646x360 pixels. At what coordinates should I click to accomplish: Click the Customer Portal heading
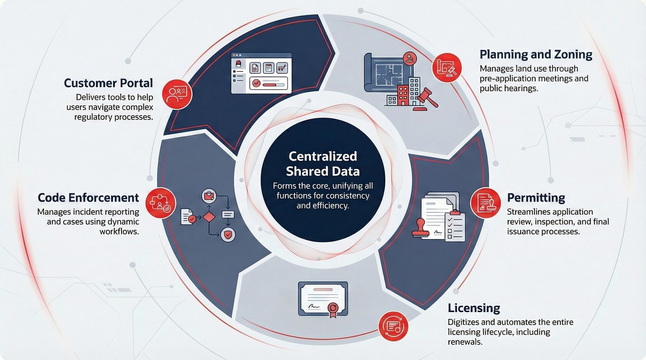pos(108,83)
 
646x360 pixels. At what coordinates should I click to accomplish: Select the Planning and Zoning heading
pos(535,55)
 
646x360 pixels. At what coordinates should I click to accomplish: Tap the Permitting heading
pos(536,198)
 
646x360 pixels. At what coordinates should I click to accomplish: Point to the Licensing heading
pos(474,308)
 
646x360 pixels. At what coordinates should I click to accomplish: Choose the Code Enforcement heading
pos(88,198)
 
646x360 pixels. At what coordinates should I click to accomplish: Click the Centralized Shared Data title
pos(323,164)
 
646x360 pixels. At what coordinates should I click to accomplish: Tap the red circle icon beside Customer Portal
pos(177,94)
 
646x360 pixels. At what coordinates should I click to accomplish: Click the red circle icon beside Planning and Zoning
pos(447,67)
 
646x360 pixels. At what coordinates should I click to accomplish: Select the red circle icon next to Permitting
pos(485,203)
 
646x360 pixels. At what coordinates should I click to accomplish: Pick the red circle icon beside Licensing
pos(393,326)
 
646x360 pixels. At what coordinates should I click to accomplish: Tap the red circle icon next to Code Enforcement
pos(161,203)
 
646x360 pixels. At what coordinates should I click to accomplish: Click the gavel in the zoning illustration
pos(427,96)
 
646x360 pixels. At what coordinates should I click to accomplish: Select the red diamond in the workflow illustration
pos(209,217)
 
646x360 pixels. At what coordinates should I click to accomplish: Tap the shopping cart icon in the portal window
pos(282,68)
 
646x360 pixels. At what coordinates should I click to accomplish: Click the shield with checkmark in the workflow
pos(228,234)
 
